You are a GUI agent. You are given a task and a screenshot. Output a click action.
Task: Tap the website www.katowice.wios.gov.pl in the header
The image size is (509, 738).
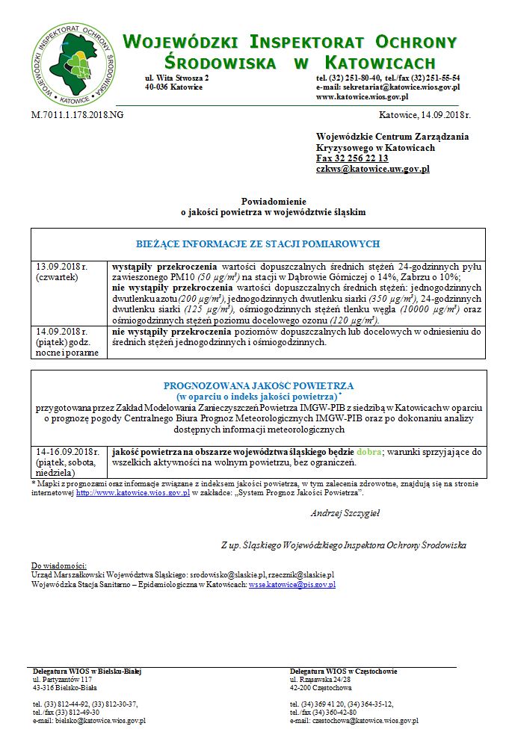[363, 97]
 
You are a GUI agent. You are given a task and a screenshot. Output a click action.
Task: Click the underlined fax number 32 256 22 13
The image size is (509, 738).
[352, 158]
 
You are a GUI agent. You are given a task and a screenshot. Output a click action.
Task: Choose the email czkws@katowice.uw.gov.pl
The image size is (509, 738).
[372, 170]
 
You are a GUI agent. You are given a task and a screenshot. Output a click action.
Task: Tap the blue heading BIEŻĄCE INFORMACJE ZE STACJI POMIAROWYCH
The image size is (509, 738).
[258, 244]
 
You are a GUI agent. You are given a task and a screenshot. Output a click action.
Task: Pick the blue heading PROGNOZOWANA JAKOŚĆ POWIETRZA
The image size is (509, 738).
[258, 385]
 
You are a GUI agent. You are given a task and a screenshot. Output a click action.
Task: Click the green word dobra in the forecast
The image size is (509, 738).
[368, 453]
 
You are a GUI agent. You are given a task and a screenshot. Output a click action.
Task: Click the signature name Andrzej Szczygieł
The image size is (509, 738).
[345, 513]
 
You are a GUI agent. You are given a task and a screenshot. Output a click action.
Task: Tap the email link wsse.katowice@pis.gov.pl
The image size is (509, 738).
[291, 584]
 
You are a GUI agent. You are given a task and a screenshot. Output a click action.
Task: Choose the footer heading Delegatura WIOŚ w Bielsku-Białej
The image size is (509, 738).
[87, 672]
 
